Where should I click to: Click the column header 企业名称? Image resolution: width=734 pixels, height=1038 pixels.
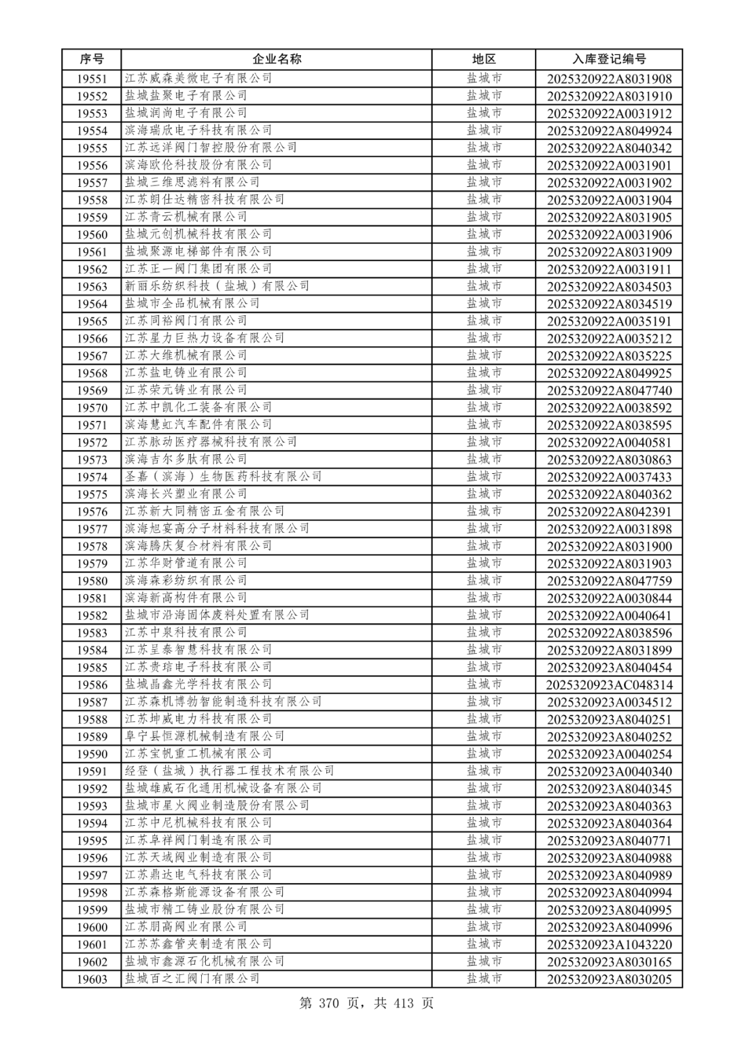[277, 59]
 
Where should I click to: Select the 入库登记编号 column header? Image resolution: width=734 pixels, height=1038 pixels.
[609, 59]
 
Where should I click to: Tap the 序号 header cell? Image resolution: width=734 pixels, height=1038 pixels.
[92, 59]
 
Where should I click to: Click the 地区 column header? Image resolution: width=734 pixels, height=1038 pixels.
[484, 59]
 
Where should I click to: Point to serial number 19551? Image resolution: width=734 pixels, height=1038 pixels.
[92, 79]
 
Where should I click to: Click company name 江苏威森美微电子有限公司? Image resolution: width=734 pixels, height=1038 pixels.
[198, 78]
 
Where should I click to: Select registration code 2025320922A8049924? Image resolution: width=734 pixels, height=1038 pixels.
[609, 131]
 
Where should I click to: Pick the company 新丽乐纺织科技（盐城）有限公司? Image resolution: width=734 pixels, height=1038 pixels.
[217, 286]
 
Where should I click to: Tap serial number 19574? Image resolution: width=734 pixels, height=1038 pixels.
[92, 477]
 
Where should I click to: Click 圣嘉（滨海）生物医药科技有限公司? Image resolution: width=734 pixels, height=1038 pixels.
[223, 477]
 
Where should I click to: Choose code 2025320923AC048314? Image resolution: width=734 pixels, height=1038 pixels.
[609, 685]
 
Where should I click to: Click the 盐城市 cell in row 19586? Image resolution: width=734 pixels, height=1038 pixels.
[484, 685]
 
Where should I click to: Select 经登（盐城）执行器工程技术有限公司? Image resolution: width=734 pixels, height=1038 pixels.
[230, 771]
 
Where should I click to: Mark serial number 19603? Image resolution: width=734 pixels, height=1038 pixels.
[92, 980]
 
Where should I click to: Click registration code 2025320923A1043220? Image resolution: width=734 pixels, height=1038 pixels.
[609, 945]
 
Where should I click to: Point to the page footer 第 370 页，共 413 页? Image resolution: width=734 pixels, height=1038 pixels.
[366, 1003]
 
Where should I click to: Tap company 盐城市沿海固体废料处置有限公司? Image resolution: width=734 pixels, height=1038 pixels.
[217, 615]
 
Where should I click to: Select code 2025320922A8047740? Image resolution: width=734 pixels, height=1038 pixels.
[609, 391]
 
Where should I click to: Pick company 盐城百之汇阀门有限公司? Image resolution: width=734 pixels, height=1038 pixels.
[192, 979]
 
